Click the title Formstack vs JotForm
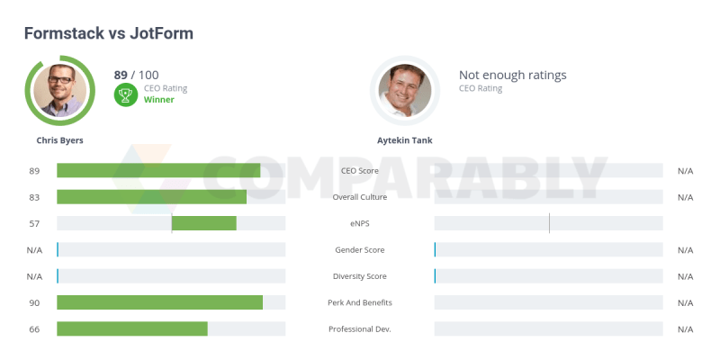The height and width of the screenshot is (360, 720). tap(108, 33)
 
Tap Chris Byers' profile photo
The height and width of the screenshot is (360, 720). tap(60, 90)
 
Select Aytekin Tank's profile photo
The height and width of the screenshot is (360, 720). tap(405, 90)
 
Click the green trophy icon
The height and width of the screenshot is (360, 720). tap(125, 94)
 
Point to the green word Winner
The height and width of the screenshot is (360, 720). tap(159, 100)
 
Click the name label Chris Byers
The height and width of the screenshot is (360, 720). tap(59, 140)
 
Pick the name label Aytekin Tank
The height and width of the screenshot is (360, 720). tap(404, 140)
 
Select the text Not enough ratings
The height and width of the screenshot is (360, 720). tap(512, 76)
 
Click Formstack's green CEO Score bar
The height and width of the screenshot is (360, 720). tap(158, 171)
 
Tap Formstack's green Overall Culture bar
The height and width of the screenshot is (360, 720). tap(151, 197)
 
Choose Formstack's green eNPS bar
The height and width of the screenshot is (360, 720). tap(204, 223)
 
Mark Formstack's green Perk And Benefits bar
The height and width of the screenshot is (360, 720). tap(159, 302)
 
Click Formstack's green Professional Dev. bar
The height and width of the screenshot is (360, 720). tap(132, 328)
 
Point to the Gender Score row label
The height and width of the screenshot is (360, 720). tap(359, 250)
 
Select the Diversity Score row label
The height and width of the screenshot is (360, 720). tap(359, 276)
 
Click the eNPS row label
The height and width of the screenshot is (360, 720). tap(359, 224)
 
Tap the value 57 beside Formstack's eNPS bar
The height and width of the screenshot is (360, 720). tap(34, 224)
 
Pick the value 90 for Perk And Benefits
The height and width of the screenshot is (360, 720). tap(34, 303)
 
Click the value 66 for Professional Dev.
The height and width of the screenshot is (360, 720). tap(34, 329)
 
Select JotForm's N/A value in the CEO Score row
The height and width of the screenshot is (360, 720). tap(685, 171)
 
